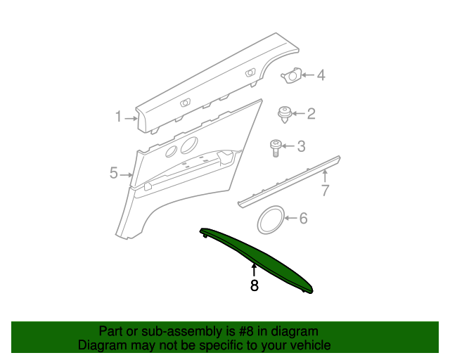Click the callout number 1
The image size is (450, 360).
pyautogui.click(x=119, y=117)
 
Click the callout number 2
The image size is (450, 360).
pyautogui.click(x=310, y=113)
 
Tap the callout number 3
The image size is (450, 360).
pyautogui.click(x=301, y=146)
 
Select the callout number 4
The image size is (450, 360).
pyautogui.click(x=320, y=75)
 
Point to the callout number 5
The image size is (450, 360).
pyautogui.click(x=113, y=173)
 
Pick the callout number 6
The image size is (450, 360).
pyautogui.click(x=303, y=219)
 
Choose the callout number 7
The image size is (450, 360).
pyautogui.click(x=325, y=190)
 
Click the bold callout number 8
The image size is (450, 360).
pyautogui.click(x=254, y=285)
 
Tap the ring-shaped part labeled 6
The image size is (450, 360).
pyautogui.click(x=270, y=219)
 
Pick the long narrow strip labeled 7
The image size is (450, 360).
pyautogui.click(x=288, y=181)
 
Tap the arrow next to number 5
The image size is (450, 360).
pyautogui.click(x=127, y=174)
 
